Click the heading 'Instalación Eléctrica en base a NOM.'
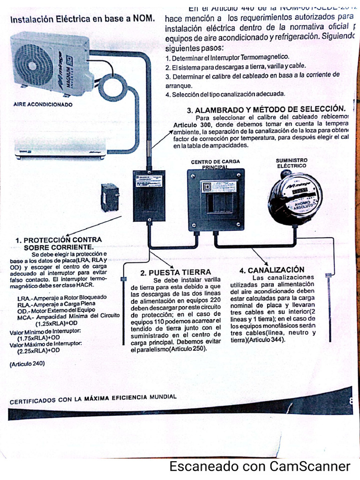(x=82, y=20)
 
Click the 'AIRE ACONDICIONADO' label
(x=43, y=105)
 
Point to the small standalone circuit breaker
(x=110, y=197)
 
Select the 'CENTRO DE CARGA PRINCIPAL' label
(x=216, y=164)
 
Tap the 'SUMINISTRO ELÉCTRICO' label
(x=292, y=163)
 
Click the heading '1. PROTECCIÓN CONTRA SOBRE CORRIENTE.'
(x=59, y=243)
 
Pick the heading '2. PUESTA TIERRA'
(x=176, y=272)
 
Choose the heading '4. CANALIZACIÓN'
(x=271, y=270)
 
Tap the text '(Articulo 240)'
(x=27, y=364)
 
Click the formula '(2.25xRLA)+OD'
(x=38, y=350)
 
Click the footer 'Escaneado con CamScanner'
(x=260, y=466)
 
